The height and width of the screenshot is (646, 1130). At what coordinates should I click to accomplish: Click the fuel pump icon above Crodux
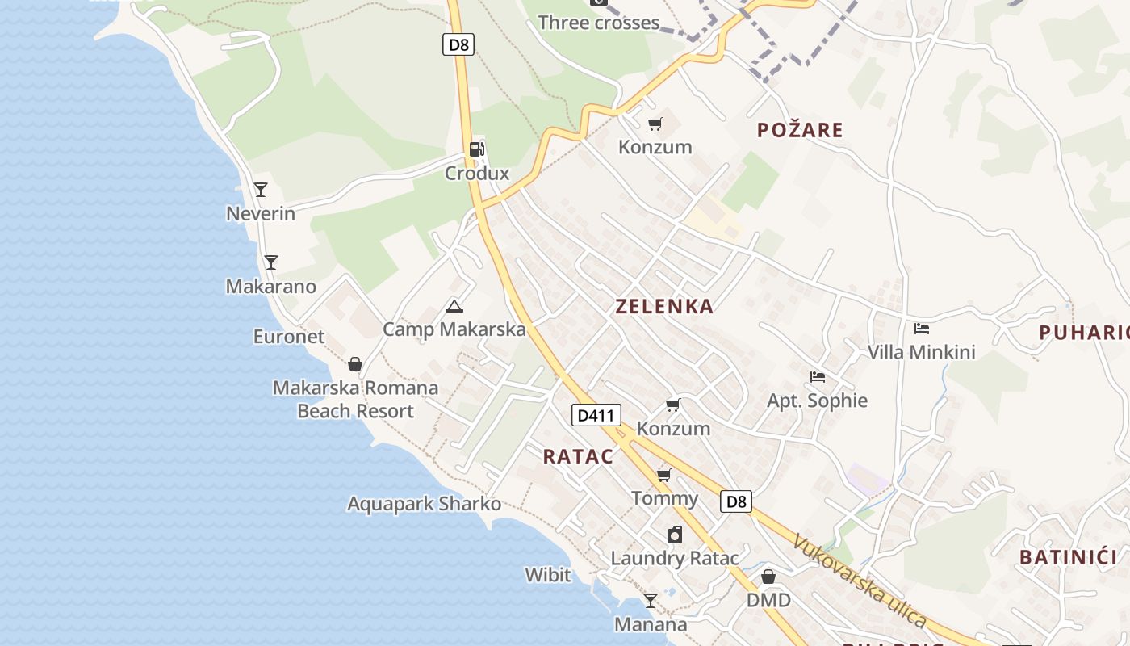click(477, 149)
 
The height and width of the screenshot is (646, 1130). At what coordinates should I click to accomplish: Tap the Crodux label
click(477, 174)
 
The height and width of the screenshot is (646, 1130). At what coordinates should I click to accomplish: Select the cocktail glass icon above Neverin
click(260, 190)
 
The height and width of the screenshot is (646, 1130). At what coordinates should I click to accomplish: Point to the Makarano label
click(271, 287)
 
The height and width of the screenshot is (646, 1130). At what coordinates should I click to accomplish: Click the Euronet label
click(289, 337)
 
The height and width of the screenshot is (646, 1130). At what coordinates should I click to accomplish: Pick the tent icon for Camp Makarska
click(454, 306)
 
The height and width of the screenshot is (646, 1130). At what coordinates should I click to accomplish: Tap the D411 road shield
click(597, 416)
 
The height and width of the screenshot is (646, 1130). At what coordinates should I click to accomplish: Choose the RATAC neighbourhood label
click(578, 457)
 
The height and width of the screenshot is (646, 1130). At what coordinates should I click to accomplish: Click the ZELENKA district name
click(664, 307)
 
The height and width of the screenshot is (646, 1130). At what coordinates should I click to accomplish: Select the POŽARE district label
click(800, 130)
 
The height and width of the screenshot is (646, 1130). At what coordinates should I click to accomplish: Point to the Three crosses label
click(599, 23)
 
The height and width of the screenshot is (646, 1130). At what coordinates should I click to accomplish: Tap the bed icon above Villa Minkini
click(922, 328)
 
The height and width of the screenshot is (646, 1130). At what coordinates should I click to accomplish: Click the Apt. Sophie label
click(817, 401)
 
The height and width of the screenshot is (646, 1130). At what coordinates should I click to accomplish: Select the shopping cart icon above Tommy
click(664, 475)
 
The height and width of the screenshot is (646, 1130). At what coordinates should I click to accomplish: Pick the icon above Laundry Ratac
click(675, 535)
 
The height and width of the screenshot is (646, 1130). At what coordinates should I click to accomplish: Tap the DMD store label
click(768, 601)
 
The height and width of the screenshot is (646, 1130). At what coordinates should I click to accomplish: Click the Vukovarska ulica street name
click(859, 580)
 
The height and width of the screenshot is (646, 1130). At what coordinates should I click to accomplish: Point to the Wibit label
click(548, 575)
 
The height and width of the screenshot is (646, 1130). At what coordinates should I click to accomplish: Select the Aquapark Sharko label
click(424, 504)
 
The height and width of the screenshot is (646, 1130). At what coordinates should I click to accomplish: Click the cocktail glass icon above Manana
click(650, 601)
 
